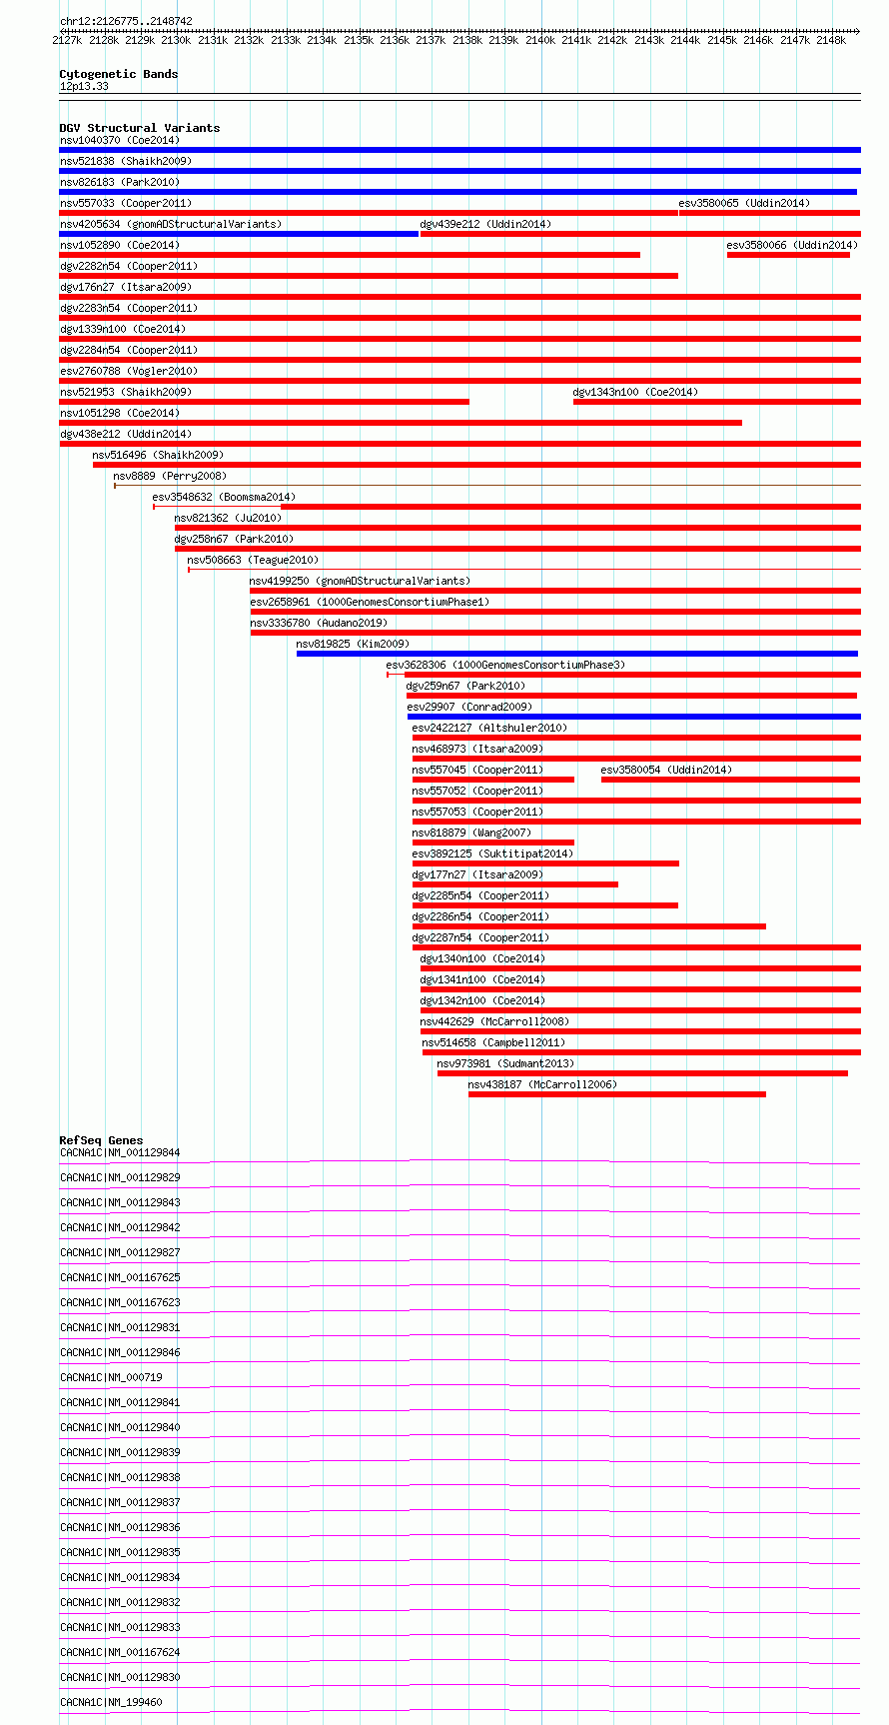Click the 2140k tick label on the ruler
[x=539, y=40]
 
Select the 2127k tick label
[x=67, y=40]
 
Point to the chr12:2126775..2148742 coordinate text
[x=126, y=21]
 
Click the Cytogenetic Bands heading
[x=119, y=74]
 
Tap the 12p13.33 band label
[x=84, y=86]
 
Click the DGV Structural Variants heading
[x=140, y=128]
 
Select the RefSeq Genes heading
[x=101, y=1140]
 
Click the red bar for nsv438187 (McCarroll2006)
[x=617, y=1094]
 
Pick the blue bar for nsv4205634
[x=239, y=234]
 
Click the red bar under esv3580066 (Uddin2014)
[x=788, y=255]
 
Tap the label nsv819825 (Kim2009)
[x=353, y=644]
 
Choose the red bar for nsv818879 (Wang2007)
[x=493, y=843]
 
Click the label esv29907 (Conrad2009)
[x=469, y=707]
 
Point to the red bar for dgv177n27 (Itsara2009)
[x=515, y=884]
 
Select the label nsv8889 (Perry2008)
[x=170, y=476]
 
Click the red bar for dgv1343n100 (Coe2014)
[x=717, y=402]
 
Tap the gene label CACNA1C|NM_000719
[x=111, y=1377]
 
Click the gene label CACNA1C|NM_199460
[x=111, y=1702]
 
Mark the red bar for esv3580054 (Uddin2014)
[x=731, y=780]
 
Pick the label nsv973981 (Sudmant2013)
[x=505, y=1063]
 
